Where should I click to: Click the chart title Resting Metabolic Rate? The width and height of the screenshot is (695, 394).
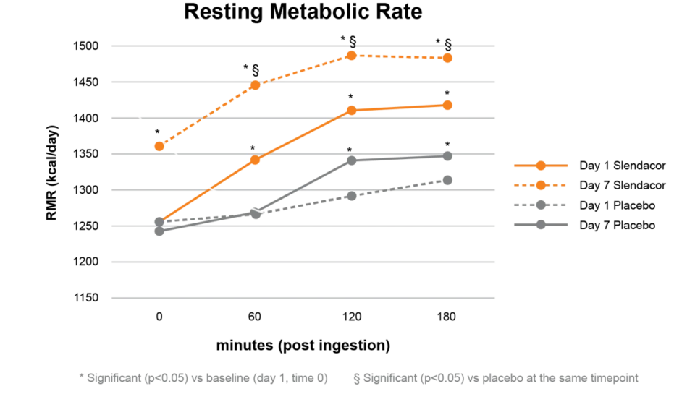tap(303, 12)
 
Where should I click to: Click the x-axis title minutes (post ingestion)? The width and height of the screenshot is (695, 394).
tap(303, 346)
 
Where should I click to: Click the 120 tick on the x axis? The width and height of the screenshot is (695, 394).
tap(351, 316)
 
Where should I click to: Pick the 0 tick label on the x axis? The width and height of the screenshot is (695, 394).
tap(159, 316)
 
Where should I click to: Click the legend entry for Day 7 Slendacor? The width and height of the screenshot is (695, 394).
tap(622, 186)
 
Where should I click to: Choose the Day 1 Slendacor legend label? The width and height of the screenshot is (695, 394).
tap(622, 166)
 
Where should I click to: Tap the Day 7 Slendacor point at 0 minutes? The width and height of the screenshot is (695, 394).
tap(159, 146)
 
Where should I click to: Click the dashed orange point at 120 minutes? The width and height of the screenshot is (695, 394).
tap(351, 56)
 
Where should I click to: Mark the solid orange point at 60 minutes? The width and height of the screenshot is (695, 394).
tap(255, 160)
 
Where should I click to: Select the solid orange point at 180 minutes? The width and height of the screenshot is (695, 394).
tap(447, 105)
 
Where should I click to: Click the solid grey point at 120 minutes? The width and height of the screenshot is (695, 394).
tap(351, 160)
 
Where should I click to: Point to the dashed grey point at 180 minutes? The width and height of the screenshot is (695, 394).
tap(447, 180)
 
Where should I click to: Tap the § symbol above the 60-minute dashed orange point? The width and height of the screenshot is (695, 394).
tap(256, 69)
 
